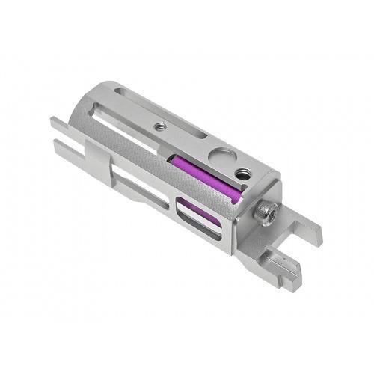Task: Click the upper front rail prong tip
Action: pos(56,122)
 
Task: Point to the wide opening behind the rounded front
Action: pos(120,127)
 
